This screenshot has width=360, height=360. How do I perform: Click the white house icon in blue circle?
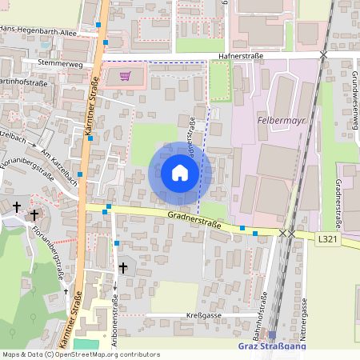pos(180,174)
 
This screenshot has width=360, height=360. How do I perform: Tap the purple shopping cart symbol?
pos(125,77)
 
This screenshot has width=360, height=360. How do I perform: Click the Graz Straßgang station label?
pos(271,346)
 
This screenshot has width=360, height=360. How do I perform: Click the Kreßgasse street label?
pos(202,315)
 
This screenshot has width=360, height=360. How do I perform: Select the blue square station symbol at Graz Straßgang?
pos(271,335)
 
